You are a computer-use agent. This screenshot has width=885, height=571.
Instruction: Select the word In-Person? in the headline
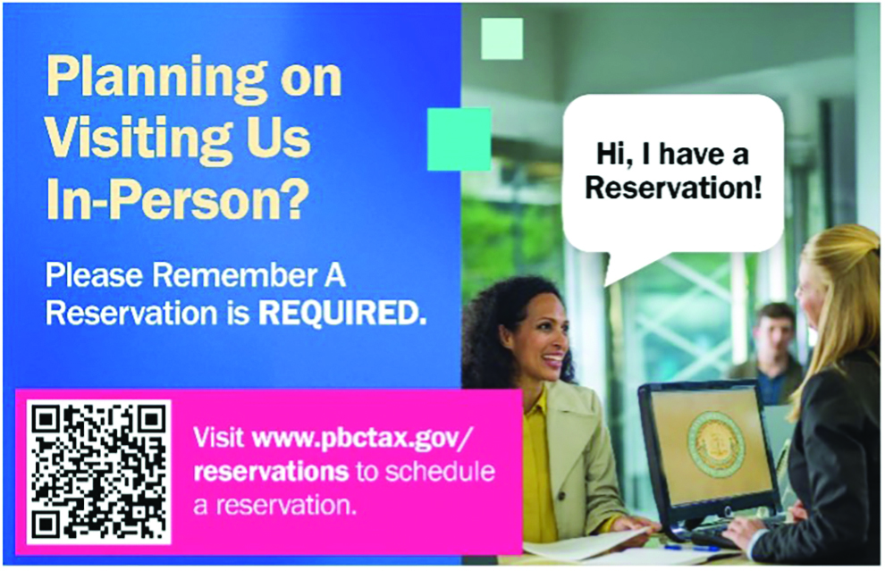[x=178, y=199]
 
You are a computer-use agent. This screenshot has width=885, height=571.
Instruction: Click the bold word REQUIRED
[x=342, y=314]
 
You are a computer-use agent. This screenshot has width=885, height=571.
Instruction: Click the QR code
[x=98, y=472]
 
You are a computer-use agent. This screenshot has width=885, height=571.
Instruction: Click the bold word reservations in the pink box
[x=271, y=472]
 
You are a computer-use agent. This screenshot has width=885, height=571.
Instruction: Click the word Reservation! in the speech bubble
[x=673, y=188]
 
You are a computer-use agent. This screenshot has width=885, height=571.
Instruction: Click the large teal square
[x=459, y=139]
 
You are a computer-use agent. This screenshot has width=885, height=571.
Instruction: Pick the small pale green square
[x=501, y=38]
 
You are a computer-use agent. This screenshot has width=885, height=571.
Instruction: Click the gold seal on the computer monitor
[x=716, y=444]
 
